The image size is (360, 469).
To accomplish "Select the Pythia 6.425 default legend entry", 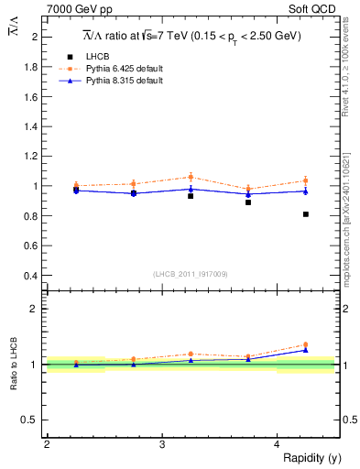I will pyautogui.click(x=119, y=69).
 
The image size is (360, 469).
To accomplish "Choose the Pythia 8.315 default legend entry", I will pyautogui.click(x=119, y=81).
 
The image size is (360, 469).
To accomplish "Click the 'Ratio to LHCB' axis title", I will pyautogui.click(x=14, y=365).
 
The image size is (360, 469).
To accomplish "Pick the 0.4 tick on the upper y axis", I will pyautogui.click(x=32, y=275).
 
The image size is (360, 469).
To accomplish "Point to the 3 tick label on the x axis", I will pyautogui.click(x=162, y=444).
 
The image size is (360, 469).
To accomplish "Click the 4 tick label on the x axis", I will pyautogui.click(x=278, y=444).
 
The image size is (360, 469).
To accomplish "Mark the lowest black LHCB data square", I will pyautogui.click(x=306, y=214).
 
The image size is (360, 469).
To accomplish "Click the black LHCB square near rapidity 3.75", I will pyautogui.click(x=248, y=202).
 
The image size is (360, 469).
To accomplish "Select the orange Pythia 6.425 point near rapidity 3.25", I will pyautogui.click(x=191, y=177).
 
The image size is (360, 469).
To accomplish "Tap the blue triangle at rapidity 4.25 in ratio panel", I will pyautogui.click(x=306, y=350).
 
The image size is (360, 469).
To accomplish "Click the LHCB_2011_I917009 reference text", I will pyautogui.click(x=190, y=273).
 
